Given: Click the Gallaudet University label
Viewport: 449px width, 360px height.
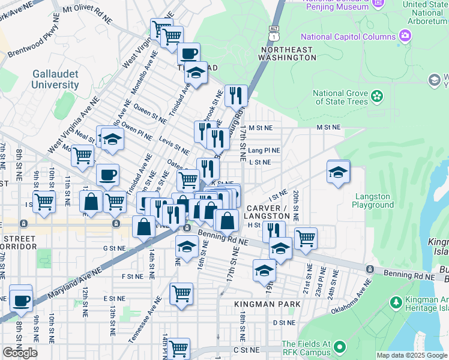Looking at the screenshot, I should click(x=55, y=79).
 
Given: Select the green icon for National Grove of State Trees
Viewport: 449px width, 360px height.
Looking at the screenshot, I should click(x=377, y=95).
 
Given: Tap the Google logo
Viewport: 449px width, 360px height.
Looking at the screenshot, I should click(x=20, y=353).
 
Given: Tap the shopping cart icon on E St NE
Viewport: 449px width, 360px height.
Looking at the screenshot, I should click(x=181, y=294).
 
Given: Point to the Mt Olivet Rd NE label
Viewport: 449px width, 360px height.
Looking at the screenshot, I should click(x=87, y=10).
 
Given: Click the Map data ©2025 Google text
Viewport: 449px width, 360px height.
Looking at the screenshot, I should click(x=412, y=355).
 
